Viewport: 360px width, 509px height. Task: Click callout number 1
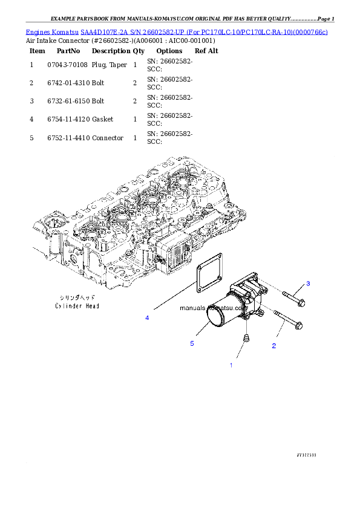pos(231,365)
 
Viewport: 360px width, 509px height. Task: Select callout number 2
pos(274,346)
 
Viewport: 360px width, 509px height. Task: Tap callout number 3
pos(307,284)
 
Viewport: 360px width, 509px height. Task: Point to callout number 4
pos(146,317)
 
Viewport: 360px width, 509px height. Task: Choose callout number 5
pos(192,343)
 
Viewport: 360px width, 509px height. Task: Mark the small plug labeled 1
pos(246,338)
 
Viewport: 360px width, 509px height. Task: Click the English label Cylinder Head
pos(74,306)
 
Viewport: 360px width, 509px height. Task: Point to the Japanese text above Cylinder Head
pos(74,298)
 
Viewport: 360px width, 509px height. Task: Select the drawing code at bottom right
pos(307,453)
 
